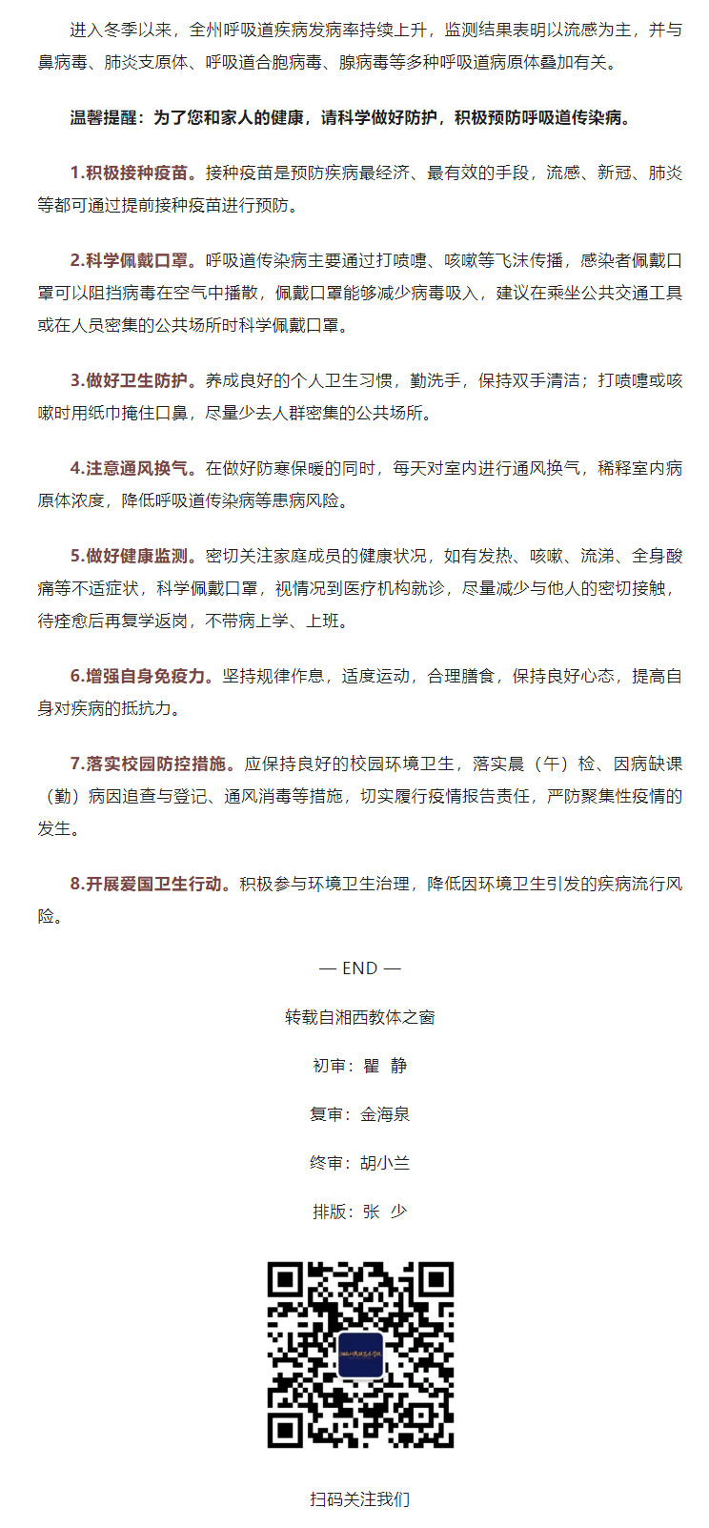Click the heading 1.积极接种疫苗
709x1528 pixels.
point(132,173)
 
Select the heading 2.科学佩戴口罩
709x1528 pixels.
point(132,260)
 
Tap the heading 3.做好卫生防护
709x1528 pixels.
point(132,380)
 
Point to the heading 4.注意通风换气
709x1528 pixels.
point(132,468)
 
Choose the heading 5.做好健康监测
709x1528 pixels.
point(132,556)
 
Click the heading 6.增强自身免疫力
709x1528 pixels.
point(141,676)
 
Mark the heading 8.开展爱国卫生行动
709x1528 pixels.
point(150,884)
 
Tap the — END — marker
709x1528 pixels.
point(359,968)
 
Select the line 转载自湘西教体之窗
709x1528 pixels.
point(359,1017)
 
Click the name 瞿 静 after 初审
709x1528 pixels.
point(385,1066)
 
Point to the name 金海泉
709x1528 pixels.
point(385,1114)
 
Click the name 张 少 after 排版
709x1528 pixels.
point(385,1212)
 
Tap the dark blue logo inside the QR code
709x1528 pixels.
point(360,1355)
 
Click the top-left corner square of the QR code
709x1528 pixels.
point(286,1281)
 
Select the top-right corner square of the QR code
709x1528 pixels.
point(434,1281)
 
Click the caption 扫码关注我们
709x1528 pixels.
point(359,1499)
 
